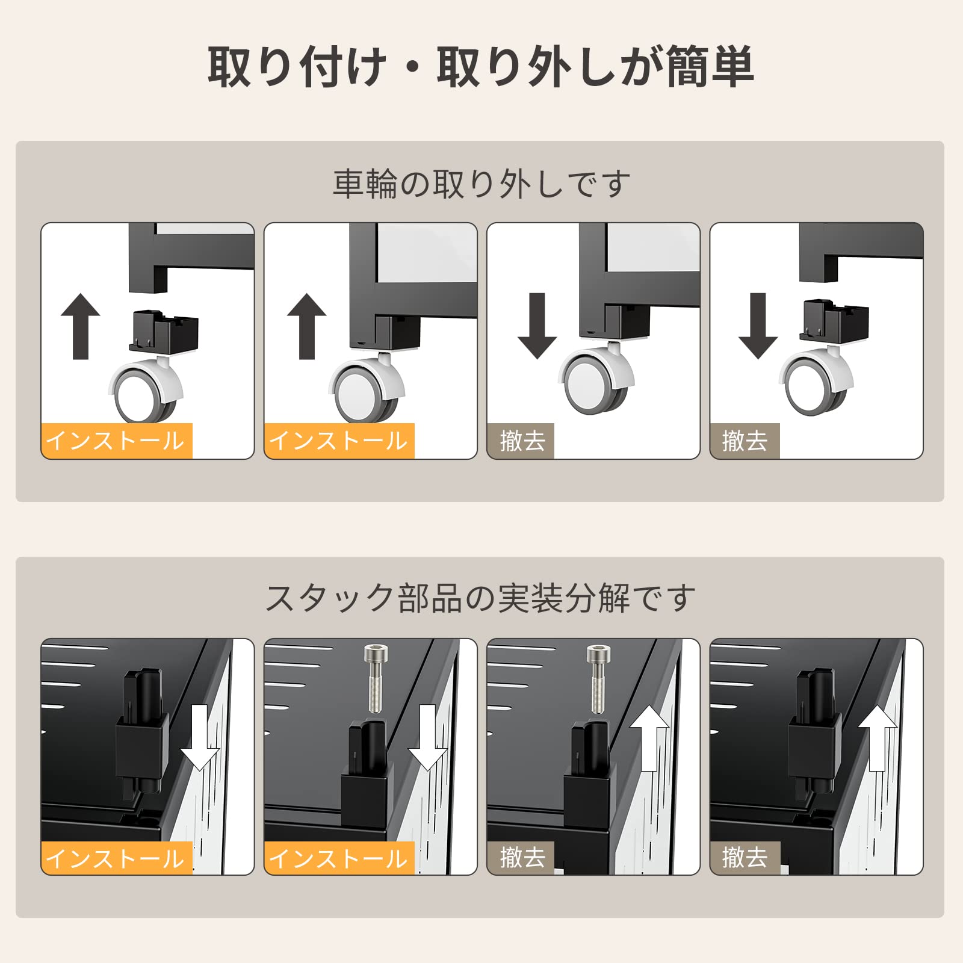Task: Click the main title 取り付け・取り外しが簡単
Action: click(x=480, y=67)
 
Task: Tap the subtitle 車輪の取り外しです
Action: click(x=482, y=184)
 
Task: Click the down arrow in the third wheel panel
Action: click(x=537, y=326)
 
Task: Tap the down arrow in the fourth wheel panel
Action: click(x=758, y=326)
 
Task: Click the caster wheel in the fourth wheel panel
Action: click(x=816, y=382)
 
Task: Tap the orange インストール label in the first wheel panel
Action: click(x=116, y=441)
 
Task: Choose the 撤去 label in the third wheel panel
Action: click(x=521, y=441)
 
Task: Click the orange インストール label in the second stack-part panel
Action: click(x=339, y=858)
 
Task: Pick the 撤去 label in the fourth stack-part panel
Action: click(x=745, y=858)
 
